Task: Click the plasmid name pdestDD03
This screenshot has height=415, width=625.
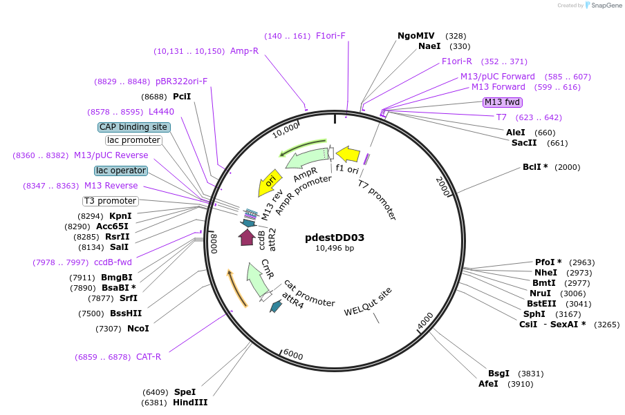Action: click(x=335, y=238)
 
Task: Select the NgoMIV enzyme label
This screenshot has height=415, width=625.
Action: click(x=416, y=36)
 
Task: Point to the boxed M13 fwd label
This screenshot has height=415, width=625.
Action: click(x=502, y=102)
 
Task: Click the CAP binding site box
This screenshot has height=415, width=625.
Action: click(x=133, y=127)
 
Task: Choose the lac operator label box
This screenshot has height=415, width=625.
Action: click(x=121, y=171)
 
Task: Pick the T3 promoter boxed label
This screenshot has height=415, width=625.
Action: click(x=111, y=201)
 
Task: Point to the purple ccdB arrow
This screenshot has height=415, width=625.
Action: click(x=246, y=237)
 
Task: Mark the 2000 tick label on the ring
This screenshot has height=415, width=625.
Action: click(x=443, y=186)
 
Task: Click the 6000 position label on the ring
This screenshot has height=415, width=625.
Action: click(x=293, y=355)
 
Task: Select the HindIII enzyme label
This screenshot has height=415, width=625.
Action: click(x=190, y=403)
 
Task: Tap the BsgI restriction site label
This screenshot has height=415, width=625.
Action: click(x=498, y=373)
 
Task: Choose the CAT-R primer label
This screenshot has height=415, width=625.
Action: click(x=149, y=357)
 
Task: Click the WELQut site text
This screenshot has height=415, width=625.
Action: click(x=368, y=302)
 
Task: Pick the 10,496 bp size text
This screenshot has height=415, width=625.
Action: click(x=335, y=249)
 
